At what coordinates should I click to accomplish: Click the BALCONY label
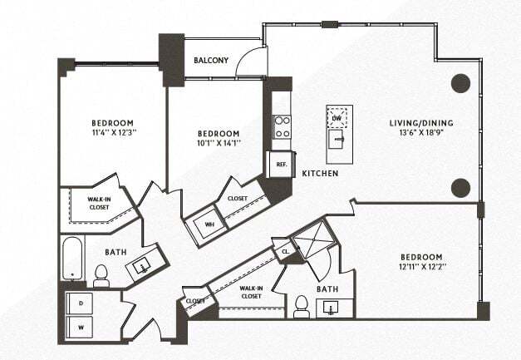[x=211, y=61]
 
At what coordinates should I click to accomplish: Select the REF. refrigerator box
[x=282, y=165]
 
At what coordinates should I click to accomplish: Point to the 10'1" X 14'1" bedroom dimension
[x=219, y=143]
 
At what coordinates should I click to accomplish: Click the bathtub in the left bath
[x=73, y=258]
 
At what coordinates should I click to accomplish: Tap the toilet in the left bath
[x=101, y=276]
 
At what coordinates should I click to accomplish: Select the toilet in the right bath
[x=301, y=308]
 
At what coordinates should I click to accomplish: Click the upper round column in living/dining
[x=461, y=83]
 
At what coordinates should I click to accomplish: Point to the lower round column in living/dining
[x=461, y=188]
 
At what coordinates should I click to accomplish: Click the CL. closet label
[x=286, y=249]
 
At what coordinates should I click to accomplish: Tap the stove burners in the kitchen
[x=283, y=126]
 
